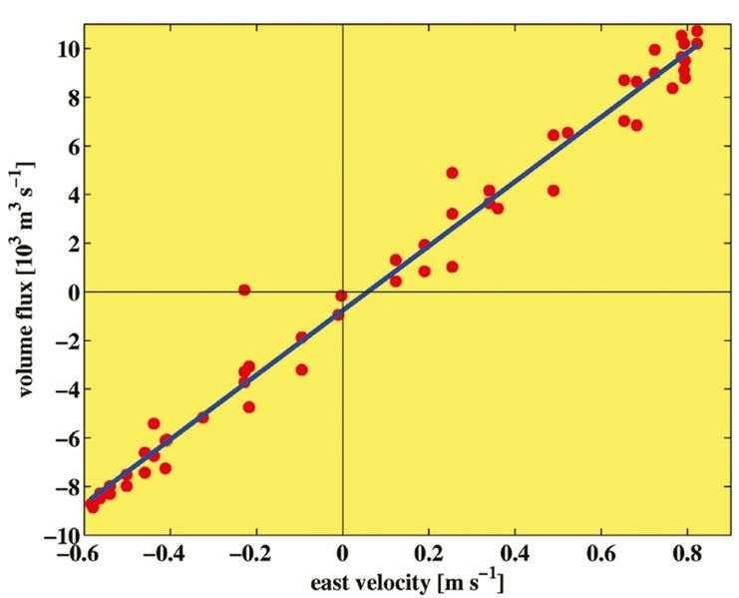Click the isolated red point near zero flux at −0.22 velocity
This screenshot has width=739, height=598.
[244, 290]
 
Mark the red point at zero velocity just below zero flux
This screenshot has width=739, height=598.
[341, 296]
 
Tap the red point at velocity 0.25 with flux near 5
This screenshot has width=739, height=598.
[452, 173]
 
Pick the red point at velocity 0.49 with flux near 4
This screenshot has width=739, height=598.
[554, 190]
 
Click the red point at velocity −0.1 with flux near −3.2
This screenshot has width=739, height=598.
[301, 369]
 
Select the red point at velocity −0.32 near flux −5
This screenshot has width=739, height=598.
[203, 416]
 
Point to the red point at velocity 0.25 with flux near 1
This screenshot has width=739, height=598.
[452, 267]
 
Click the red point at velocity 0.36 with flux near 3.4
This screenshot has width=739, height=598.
[498, 208]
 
